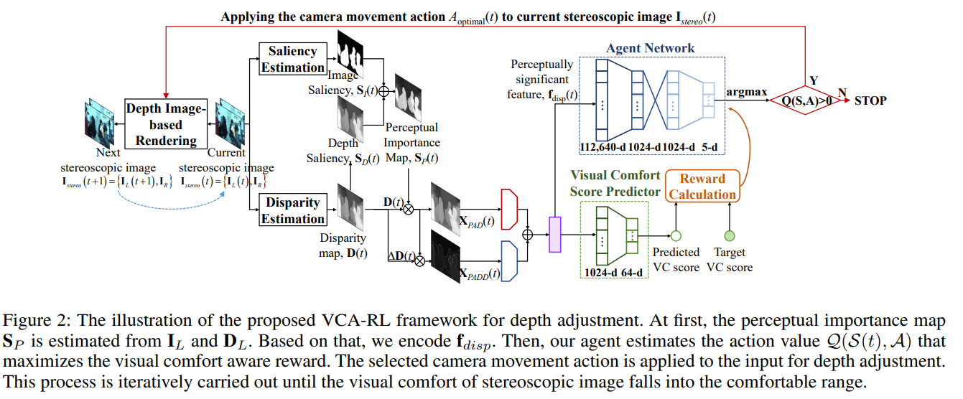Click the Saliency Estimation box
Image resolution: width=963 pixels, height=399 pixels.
(292, 59)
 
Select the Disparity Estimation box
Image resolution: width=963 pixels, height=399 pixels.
(292, 210)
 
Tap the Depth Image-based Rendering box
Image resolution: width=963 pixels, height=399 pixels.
(166, 124)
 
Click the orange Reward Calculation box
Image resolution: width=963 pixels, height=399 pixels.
(702, 187)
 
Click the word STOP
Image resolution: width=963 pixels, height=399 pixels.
(870, 100)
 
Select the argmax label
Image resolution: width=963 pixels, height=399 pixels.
(746, 93)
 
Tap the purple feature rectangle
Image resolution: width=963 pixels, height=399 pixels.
(554, 235)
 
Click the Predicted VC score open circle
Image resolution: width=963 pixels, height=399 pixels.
(675, 235)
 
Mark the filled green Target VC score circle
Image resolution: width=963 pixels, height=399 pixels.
(730, 235)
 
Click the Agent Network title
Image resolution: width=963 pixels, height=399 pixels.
(650, 49)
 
